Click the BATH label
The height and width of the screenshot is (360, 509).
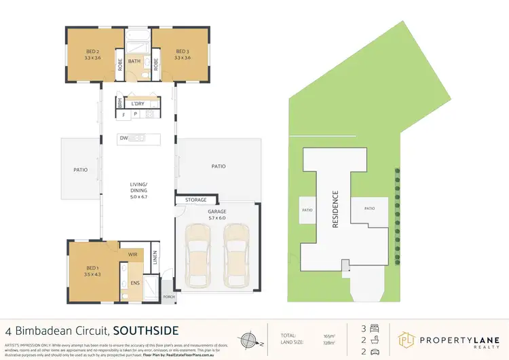(x=138, y=60)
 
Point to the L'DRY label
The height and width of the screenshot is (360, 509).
(x=138, y=104)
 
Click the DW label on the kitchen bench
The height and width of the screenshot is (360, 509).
(x=124, y=139)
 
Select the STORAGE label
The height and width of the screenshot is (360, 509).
(x=196, y=200)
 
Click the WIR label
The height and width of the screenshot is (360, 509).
(x=133, y=254)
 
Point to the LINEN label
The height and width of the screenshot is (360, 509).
(x=155, y=259)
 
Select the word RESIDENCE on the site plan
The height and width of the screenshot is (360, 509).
(x=335, y=209)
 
